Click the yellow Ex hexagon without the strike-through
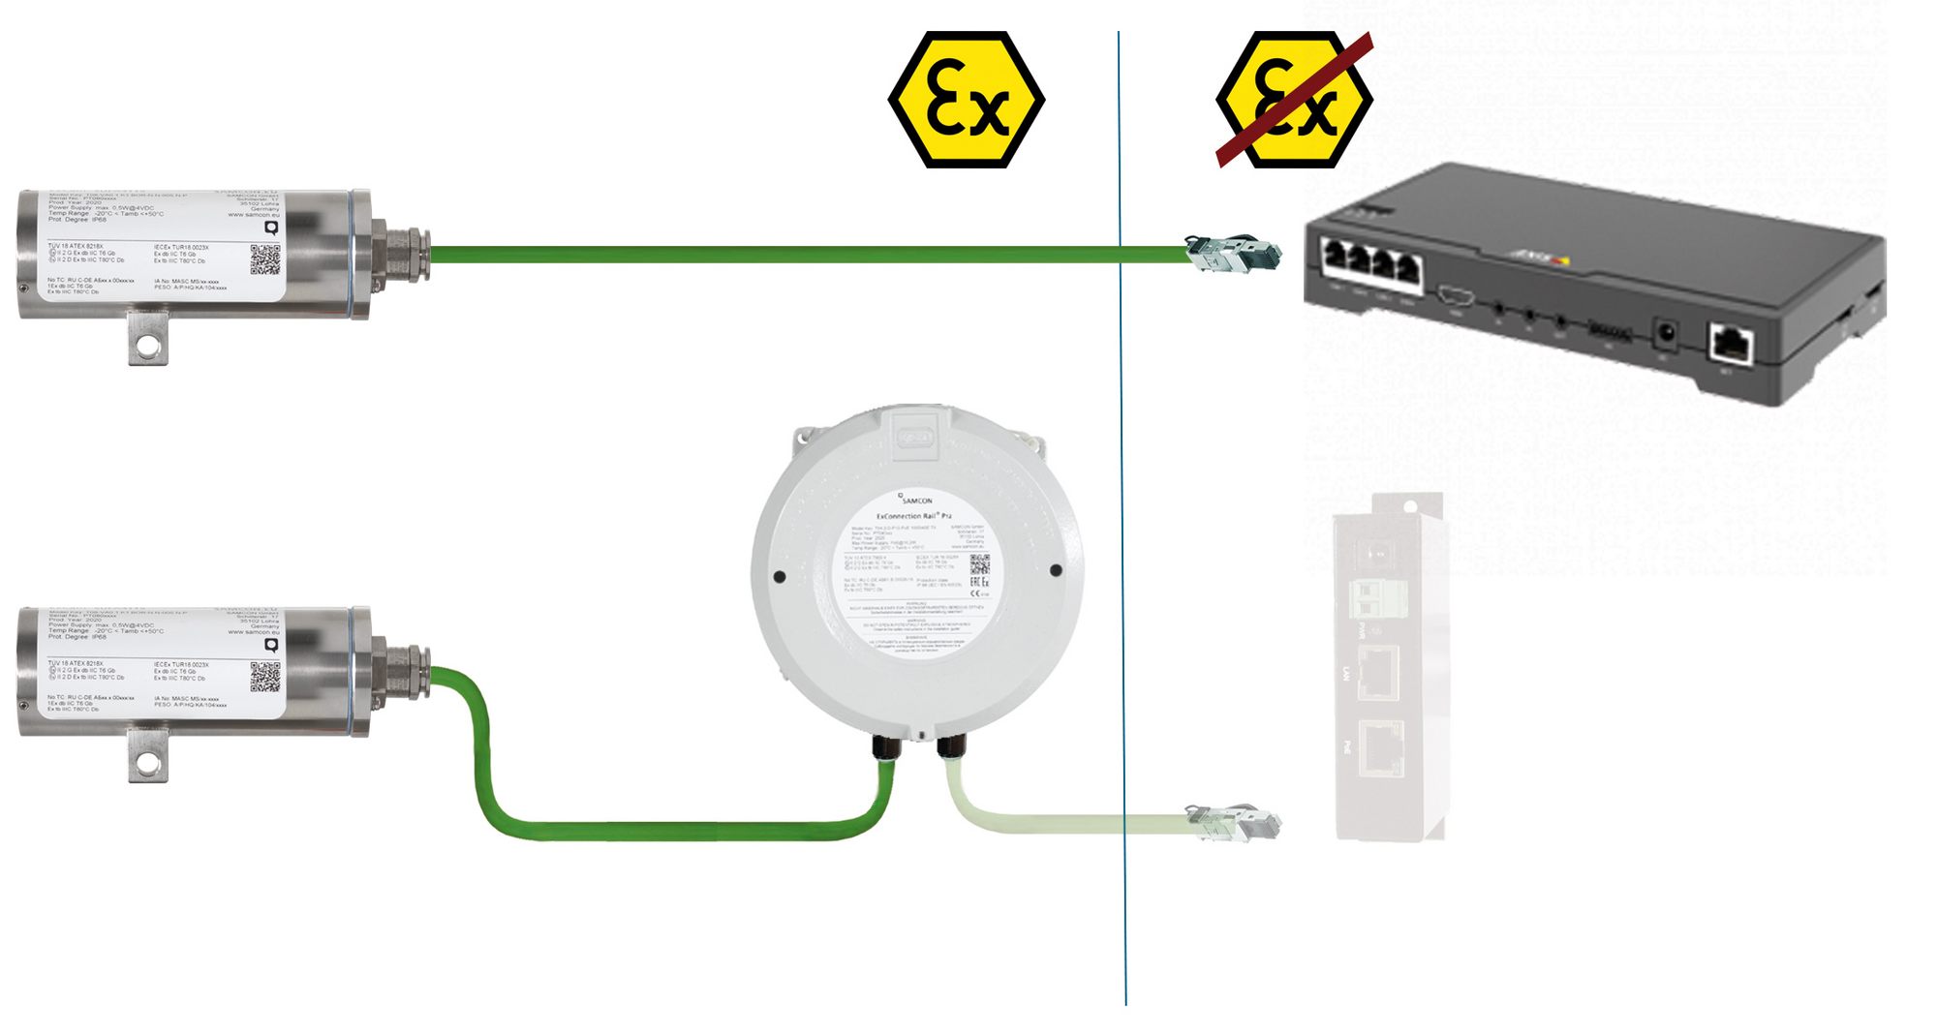[x=966, y=100]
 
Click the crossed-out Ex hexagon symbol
[x=1294, y=100]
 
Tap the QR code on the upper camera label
[x=265, y=259]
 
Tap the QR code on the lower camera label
[x=265, y=677]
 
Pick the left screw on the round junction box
[x=780, y=577]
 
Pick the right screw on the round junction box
[x=1056, y=570]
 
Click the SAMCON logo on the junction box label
[x=915, y=500]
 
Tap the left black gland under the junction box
[x=886, y=746]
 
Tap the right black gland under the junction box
[x=951, y=745]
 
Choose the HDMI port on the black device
[x=1456, y=296]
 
